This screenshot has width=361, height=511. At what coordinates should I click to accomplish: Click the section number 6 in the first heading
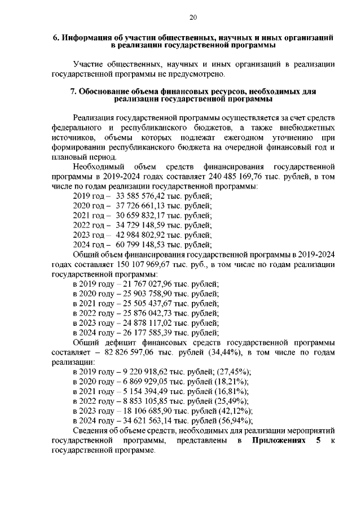coord(55,37)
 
